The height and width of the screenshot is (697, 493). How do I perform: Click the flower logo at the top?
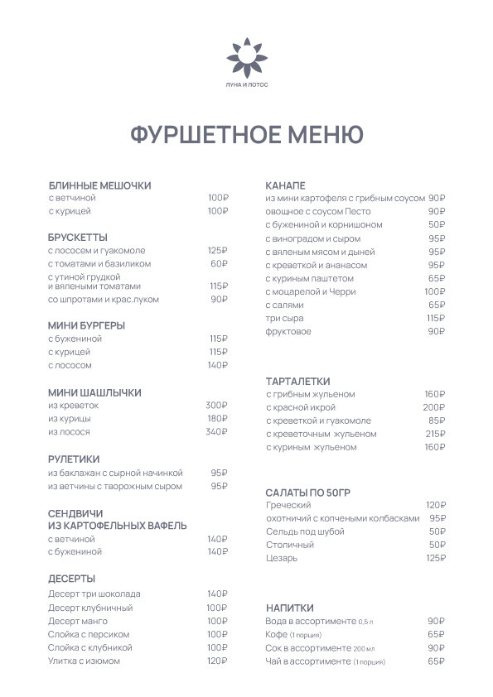[x=246, y=55]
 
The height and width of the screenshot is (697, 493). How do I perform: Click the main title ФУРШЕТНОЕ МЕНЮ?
[x=246, y=135]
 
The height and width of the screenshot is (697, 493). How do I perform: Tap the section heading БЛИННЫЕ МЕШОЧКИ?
[x=99, y=185]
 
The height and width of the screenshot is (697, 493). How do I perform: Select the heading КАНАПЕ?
[x=285, y=184]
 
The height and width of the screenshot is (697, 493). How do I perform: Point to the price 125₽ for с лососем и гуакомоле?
[x=217, y=250]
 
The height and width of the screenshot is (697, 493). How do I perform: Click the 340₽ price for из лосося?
[x=216, y=432]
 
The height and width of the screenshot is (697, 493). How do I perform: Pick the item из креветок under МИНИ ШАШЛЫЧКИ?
[x=74, y=406]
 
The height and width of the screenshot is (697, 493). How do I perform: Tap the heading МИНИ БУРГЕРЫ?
[x=87, y=325]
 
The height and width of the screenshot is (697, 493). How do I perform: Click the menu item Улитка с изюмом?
[x=84, y=661]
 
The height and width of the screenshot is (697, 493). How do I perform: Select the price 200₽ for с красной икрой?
[x=434, y=408]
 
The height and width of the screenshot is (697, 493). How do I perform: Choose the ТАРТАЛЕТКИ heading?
[x=298, y=381]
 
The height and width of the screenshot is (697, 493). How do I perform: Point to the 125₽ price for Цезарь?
[x=436, y=558]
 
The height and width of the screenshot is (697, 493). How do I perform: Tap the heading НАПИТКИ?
[x=290, y=608]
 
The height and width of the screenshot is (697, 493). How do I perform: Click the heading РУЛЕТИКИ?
[x=74, y=459]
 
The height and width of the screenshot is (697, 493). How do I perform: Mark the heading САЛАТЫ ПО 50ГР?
[x=310, y=492]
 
